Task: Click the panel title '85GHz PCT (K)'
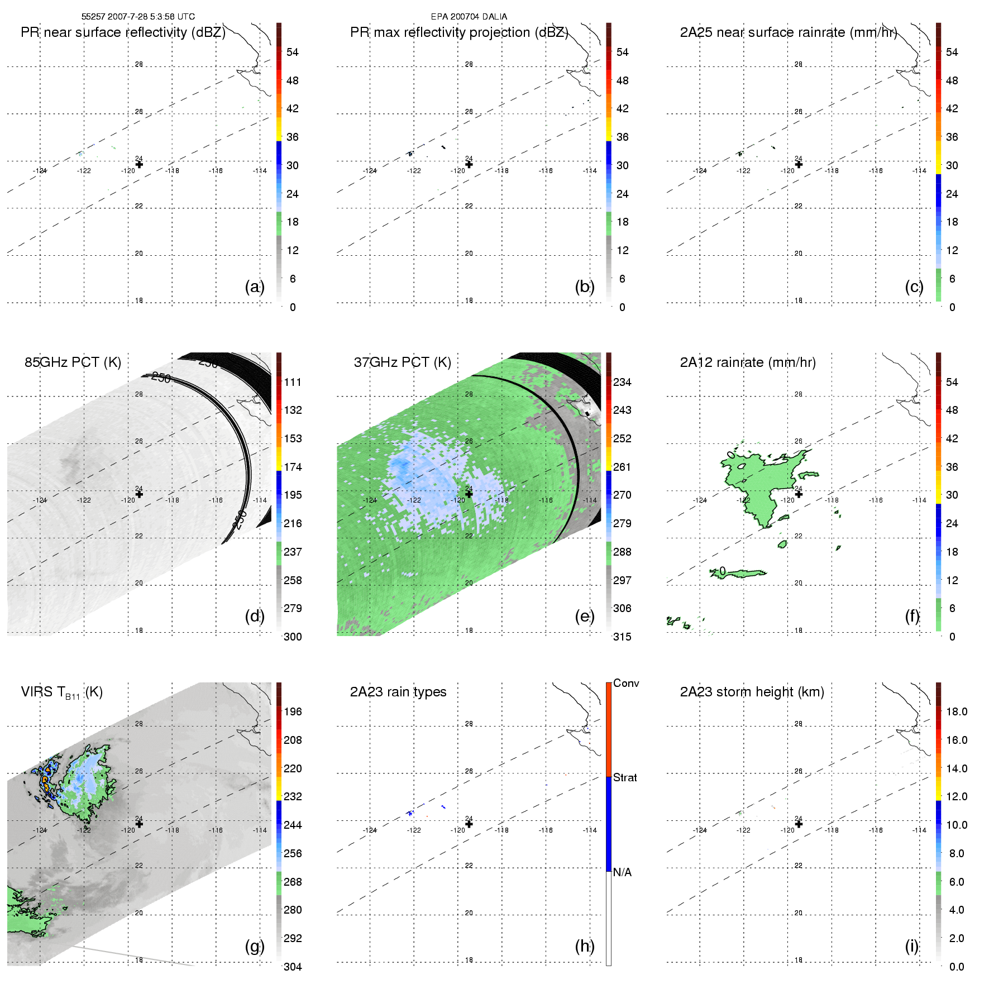73,362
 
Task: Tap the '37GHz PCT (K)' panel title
402,362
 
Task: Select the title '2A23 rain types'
398,692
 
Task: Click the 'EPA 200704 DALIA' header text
469,17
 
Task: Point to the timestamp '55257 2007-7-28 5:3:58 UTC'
138,17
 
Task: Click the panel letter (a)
254,286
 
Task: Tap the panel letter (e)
584,616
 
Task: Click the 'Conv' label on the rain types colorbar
626,684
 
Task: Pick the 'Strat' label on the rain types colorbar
625,777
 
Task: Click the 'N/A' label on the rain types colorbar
623,872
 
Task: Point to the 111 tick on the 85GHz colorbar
293,382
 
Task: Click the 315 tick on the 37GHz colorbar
622,637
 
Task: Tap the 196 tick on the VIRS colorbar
293,711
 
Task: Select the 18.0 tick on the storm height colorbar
957,711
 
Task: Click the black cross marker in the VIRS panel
140,824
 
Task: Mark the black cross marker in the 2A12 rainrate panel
799,494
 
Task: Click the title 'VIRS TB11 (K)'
61,692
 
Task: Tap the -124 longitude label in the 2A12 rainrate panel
700,500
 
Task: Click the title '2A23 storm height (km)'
752,692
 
